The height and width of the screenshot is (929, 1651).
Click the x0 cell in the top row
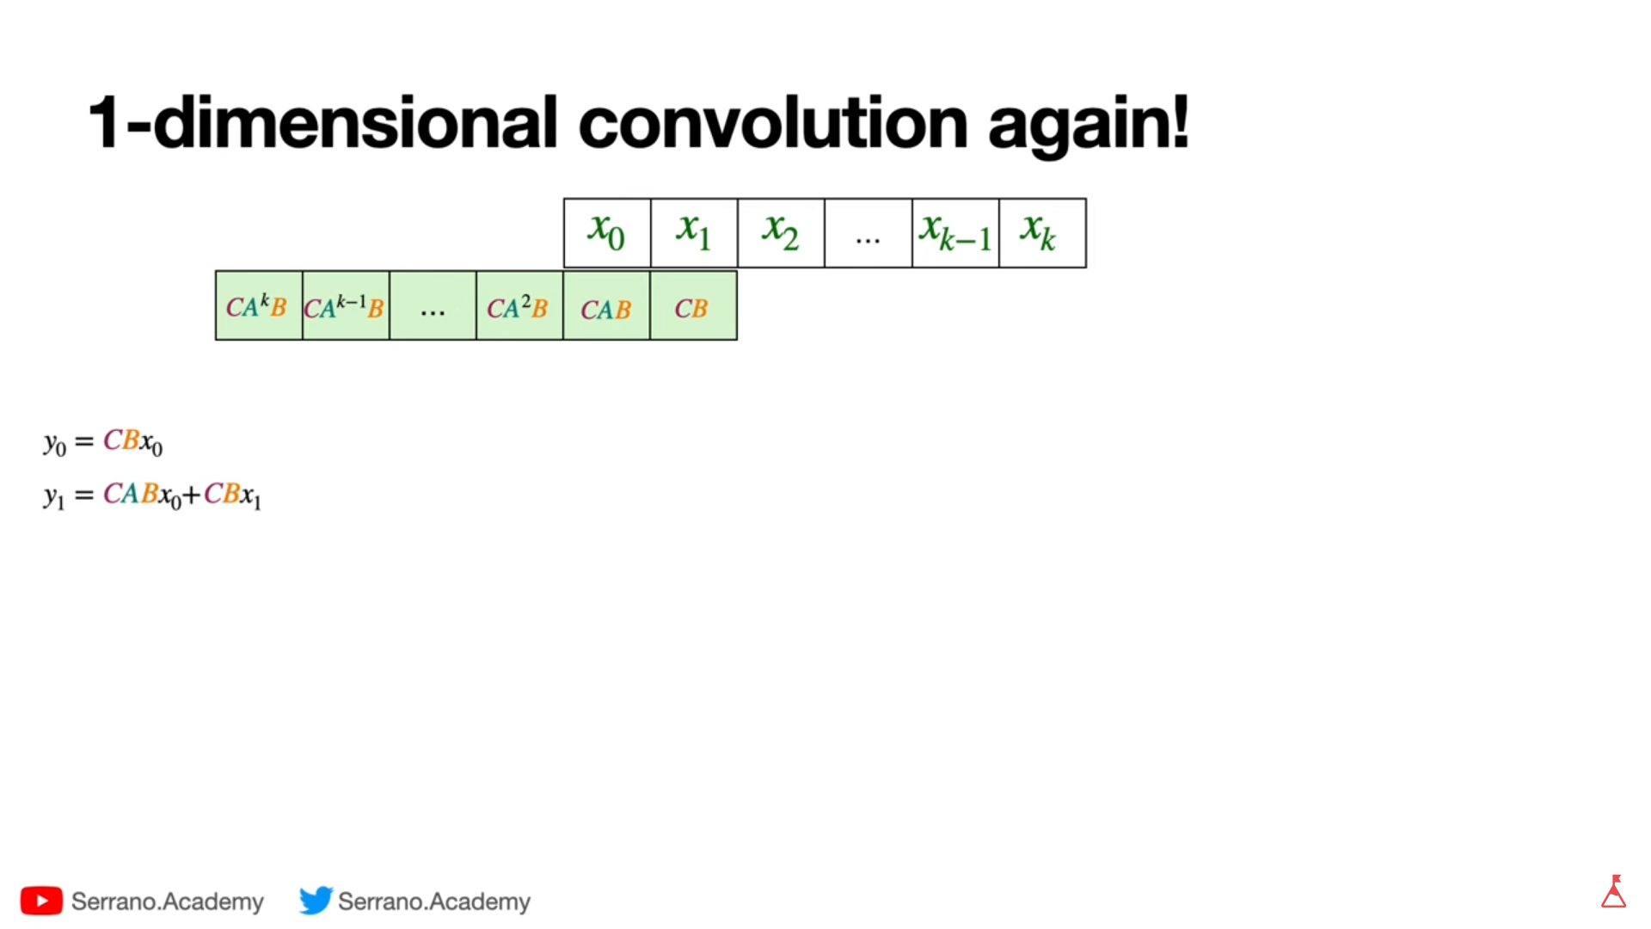(x=607, y=233)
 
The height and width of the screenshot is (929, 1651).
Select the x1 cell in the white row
(x=694, y=233)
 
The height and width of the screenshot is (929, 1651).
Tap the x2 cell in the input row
(x=781, y=233)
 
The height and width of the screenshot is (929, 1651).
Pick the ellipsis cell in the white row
(x=868, y=233)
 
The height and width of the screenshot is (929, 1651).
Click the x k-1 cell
(x=955, y=233)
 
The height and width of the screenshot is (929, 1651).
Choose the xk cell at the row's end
(x=1042, y=233)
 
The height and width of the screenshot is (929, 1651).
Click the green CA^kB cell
(x=259, y=305)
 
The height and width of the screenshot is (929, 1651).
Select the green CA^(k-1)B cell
(x=346, y=305)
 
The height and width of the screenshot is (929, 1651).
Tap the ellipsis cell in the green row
(x=433, y=305)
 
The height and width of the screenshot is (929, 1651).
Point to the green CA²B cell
(x=519, y=305)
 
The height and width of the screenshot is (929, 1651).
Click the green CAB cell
(x=606, y=305)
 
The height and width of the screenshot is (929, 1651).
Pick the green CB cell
(x=693, y=305)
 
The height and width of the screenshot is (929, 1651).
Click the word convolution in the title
(x=773, y=122)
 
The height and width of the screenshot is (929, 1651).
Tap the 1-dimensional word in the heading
(x=323, y=122)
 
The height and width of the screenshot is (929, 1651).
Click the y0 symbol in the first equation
(x=55, y=444)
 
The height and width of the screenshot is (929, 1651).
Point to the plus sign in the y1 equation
(x=191, y=495)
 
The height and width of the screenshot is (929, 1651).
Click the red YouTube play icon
(x=41, y=901)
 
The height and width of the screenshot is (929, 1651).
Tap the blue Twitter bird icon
(x=316, y=900)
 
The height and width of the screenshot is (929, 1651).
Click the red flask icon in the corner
(x=1614, y=892)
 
